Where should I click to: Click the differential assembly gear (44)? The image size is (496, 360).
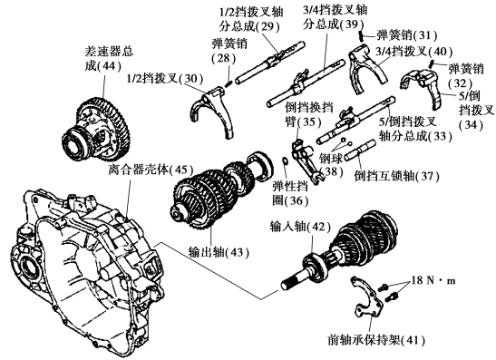[96, 130]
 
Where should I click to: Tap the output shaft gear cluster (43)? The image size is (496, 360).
[221, 190]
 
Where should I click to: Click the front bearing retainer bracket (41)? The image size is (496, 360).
[367, 297]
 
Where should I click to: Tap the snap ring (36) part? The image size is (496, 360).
[285, 161]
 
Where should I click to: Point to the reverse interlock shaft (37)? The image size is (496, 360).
[360, 151]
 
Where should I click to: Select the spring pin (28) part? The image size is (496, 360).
[229, 83]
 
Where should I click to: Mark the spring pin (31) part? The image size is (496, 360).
[361, 36]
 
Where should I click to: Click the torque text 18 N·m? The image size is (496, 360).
[433, 280]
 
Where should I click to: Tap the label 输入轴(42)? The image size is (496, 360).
[300, 227]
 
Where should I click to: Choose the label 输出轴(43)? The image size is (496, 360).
[219, 252]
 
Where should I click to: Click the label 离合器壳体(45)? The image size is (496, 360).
[151, 170]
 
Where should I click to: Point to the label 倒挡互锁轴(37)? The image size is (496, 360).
[396, 176]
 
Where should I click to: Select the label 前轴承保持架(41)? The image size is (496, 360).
[376, 340]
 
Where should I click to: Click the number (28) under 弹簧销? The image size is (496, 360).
[224, 59]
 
